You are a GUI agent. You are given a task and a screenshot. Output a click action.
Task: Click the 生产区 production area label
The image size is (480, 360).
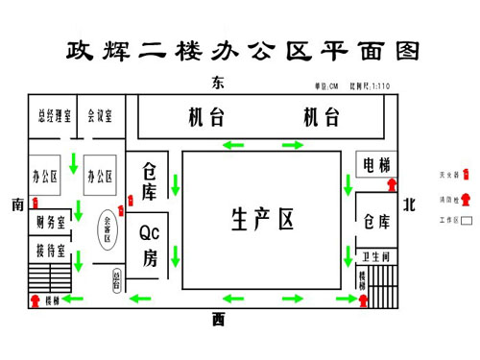tap(261, 220)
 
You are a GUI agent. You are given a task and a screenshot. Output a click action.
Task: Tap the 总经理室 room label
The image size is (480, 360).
tap(50, 118)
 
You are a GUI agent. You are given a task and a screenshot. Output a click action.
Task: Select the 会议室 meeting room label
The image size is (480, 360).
tap(99, 118)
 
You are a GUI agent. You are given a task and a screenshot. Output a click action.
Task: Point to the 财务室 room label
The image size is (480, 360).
tap(50, 224)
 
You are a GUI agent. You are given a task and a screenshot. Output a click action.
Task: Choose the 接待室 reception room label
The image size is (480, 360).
tap(50, 252)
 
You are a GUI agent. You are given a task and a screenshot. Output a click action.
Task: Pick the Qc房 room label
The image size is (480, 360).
tap(150, 244)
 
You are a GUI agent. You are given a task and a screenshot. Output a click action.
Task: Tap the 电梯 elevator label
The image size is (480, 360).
tap(374, 165)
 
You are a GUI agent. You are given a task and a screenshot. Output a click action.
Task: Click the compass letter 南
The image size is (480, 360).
tap(16, 204)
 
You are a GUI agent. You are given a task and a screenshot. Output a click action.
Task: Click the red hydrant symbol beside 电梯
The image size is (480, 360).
tap(392, 183)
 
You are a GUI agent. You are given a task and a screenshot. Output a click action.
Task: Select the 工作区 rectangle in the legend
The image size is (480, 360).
tap(466, 220)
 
